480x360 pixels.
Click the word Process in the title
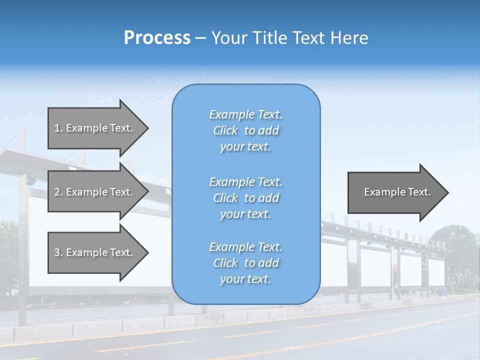(x=157, y=38)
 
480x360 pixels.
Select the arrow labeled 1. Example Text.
(x=95, y=128)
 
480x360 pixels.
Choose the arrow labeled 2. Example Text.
(x=95, y=192)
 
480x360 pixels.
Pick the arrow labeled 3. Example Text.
(x=95, y=252)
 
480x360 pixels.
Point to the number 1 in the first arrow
(x=57, y=128)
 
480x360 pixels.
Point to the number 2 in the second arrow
(x=57, y=192)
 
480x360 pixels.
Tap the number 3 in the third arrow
(x=57, y=252)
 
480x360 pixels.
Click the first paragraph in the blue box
(x=245, y=130)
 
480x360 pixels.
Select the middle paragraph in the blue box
(x=245, y=198)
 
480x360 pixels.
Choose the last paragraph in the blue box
(x=245, y=263)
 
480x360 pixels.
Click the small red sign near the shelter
(x=395, y=268)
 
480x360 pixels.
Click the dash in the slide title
(x=201, y=38)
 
